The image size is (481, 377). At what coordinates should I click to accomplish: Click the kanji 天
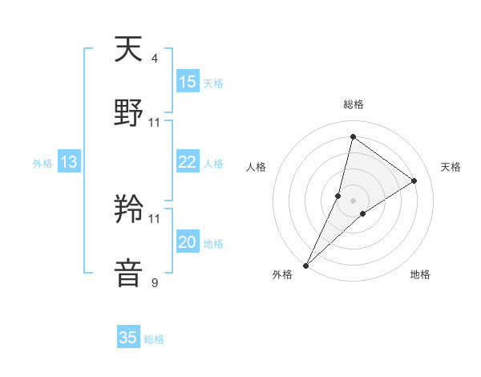pos(129,50)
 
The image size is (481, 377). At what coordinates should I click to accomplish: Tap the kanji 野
pos(129,114)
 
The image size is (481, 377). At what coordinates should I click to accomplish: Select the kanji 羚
pos(129,210)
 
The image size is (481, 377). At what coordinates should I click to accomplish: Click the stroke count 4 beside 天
pos(155,58)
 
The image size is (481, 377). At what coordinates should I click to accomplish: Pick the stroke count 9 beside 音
pos(155,282)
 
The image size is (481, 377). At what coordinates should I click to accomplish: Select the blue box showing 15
pos(188,82)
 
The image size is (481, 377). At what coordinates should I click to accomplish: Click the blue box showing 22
pos(188,162)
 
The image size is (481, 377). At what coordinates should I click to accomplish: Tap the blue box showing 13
pos(69,162)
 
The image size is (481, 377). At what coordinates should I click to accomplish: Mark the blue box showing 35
pos(128,338)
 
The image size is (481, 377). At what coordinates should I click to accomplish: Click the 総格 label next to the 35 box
pos(154,339)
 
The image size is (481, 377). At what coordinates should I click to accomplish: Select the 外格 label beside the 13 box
pos(42,164)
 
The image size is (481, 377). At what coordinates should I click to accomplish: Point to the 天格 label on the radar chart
pos(451,167)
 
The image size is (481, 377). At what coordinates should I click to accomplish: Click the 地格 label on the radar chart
pos(420,274)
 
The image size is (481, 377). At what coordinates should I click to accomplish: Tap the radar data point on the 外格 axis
pos(306,265)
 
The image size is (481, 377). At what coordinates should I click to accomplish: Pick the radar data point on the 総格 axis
pos(353,138)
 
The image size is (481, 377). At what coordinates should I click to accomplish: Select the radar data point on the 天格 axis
pos(414,181)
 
